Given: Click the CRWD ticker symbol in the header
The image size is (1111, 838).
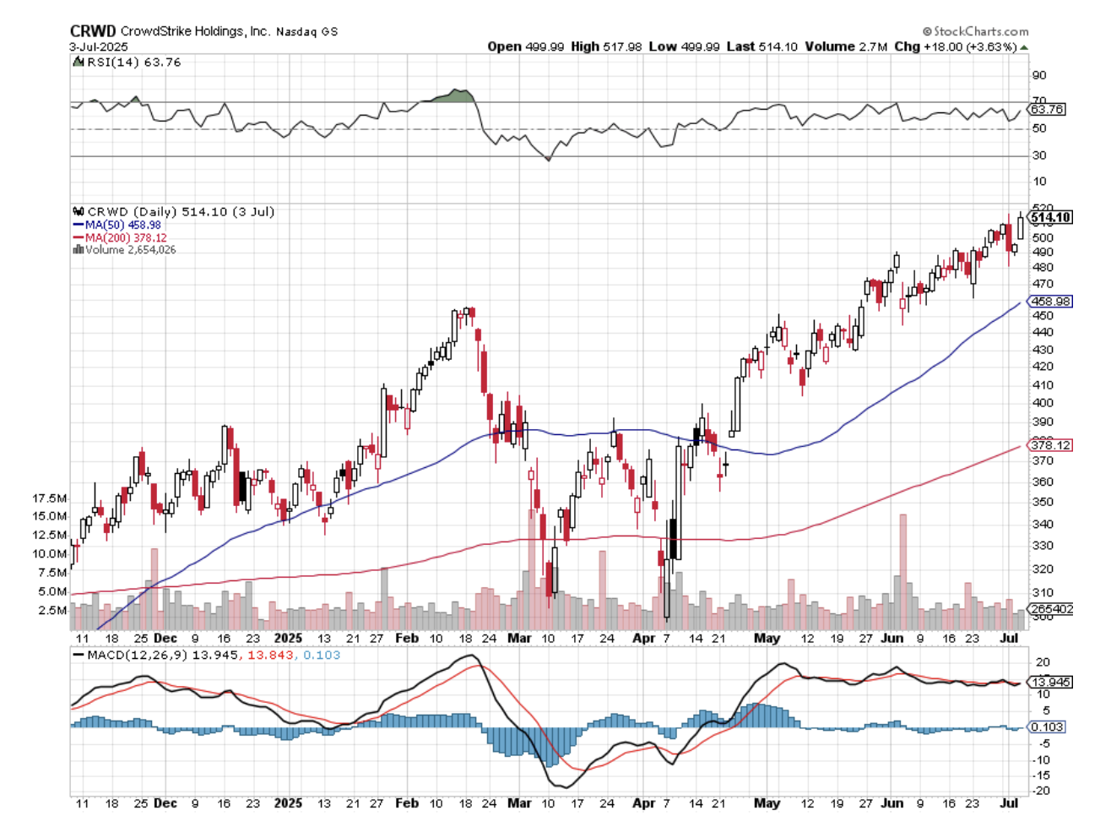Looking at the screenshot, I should [x=93, y=31].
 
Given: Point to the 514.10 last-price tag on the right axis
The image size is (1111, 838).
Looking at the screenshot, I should [x=1050, y=218].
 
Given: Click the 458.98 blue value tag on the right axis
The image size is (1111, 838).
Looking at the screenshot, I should [x=1050, y=302].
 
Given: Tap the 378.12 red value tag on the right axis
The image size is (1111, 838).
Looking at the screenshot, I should [x=1050, y=445].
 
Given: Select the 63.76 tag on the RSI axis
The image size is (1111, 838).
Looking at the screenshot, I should [x=1047, y=110].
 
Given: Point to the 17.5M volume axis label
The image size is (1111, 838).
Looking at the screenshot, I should [x=50, y=498].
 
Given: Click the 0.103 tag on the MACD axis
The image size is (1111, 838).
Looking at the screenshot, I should [x=1047, y=727].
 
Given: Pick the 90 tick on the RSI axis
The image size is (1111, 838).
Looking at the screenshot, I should [x=1039, y=76].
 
